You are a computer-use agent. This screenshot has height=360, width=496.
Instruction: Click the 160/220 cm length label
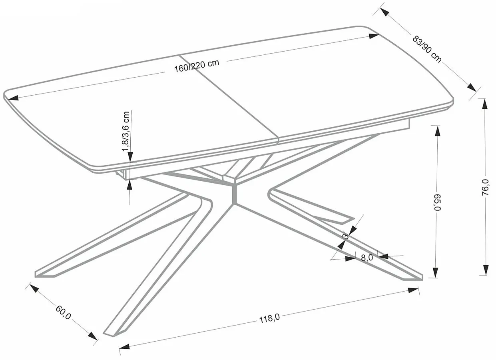pyautogui.click(x=197, y=66)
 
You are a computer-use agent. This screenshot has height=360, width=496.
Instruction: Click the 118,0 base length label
pyautogui.click(x=269, y=318)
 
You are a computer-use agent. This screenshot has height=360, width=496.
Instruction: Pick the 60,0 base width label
pyautogui.click(x=63, y=312)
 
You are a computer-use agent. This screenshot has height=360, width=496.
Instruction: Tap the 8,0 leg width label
pyautogui.click(x=367, y=258)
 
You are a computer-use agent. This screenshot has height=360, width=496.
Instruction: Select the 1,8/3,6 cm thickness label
pyautogui.click(x=125, y=131)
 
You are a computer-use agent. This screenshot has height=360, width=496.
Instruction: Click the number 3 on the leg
pyautogui.click(x=345, y=236)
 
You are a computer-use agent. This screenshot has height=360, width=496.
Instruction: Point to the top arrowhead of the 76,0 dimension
pyautogui.click(x=485, y=104)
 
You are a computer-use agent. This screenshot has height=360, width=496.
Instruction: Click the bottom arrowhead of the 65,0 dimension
pyautogui.click(x=435, y=272)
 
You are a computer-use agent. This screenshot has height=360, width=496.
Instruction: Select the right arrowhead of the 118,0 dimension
pyautogui.click(x=413, y=290)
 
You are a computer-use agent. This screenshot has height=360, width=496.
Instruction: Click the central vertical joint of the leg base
pyautogui.click(x=234, y=194)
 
